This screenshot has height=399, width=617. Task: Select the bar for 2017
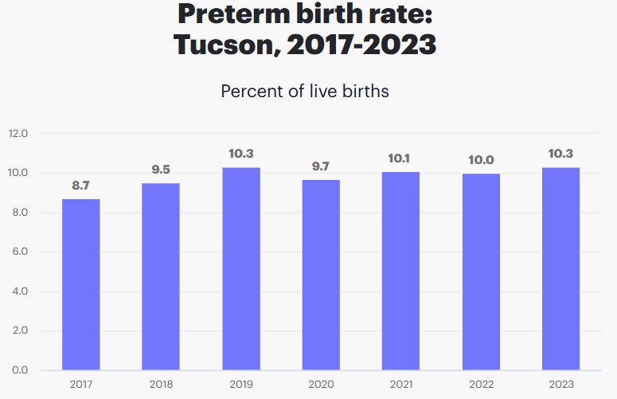point(81,284)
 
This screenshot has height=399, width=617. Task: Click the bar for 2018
point(161,276)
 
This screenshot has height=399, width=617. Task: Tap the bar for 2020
point(321,275)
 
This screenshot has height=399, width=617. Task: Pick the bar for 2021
point(400,271)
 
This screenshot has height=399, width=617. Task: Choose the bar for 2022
point(481,272)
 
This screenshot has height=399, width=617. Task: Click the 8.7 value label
point(81,186)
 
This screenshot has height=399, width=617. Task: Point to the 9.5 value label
point(161,170)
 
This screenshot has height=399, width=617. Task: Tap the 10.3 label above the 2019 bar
point(240,154)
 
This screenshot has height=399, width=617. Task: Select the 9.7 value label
point(321,166)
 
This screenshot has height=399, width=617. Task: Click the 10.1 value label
point(400,158)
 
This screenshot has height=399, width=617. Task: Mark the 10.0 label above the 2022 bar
point(481,160)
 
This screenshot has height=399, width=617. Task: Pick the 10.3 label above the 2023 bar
point(560,154)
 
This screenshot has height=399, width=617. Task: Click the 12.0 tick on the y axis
point(19,133)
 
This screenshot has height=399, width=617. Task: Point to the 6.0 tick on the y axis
point(19,252)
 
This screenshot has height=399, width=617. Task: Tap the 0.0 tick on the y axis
point(19,370)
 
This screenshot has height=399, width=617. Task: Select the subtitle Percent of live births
point(305,91)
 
